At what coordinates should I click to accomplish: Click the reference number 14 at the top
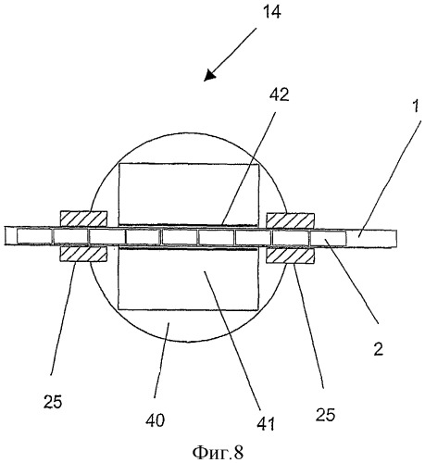pyautogui.click(x=272, y=13)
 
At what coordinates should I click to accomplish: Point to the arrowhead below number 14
pyautogui.click(x=210, y=75)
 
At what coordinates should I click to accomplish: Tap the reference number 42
pyautogui.click(x=279, y=95)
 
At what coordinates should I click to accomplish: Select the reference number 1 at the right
pyautogui.click(x=416, y=106)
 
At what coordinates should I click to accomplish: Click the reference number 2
pyautogui.click(x=379, y=349)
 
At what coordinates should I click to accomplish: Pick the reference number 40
pyautogui.click(x=156, y=420)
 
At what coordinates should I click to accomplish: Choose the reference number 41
pyautogui.click(x=266, y=423)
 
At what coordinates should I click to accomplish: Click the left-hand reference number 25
pyautogui.click(x=53, y=402)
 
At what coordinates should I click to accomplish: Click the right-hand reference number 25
pyautogui.click(x=325, y=415)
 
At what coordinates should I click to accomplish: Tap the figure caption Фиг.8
pyautogui.click(x=218, y=453)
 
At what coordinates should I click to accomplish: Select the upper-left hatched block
pyautogui.click(x=83, y=219)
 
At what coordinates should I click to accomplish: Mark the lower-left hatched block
pyautogui.click(x=83, y=254)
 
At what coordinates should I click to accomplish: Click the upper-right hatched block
pyautogui.click(x=290, y=221)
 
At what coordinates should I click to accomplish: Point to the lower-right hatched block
pyautogui.click(x=290, y=256)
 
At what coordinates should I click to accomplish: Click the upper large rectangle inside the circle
pyautogui.click(x=189, y=194)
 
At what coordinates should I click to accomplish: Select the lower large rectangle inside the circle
pyautogui.click(x=188, y=279)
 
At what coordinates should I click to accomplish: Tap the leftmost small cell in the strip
pyautogui.click(x=34, y=236)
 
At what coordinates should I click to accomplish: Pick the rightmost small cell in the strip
pyautogui.click(x=328, y=238)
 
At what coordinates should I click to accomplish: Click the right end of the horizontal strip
pyautogui.click(x=396, y=238)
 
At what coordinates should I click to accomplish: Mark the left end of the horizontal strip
pyautogui.click(x=5, y=236)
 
